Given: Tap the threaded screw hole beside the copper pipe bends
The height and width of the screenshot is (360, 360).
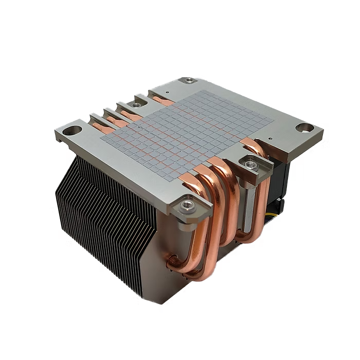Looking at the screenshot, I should (x=250, y=165).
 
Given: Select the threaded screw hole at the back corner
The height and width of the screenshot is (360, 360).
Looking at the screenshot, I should (x=189, y=80).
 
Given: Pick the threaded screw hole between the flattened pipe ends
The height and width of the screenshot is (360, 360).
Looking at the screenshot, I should (x=135, y=104).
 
